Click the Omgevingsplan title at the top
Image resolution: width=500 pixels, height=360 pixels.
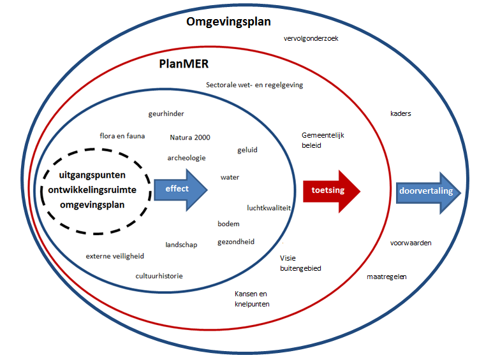tap(228, 22)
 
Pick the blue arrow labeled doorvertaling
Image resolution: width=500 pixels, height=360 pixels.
tap(427, 192)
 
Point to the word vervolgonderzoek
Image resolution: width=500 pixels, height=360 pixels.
tap(311, 38)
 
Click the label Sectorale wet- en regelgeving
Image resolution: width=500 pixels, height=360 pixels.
tap(254, 85)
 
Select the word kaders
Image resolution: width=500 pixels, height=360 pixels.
tap(401, 114)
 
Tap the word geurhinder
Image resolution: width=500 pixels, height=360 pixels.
tap(166, 114)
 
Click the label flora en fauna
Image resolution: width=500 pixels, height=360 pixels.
tap(122, 136)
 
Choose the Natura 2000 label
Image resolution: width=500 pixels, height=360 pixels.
tap(190, 138)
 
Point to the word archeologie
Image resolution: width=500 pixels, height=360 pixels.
tap(186, 158)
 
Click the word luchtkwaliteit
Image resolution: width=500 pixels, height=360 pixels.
tap(269, 208)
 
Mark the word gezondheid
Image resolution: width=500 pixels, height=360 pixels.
tap(236, 242)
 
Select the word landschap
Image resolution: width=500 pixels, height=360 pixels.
tap(181, 245)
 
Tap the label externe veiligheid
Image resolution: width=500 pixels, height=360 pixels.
tap(115, 256)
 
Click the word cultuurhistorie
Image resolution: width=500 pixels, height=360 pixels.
tap(159, 277)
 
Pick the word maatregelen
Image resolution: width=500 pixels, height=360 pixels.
tap(386, 277)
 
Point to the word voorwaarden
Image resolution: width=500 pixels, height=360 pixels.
tap(411, 243)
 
